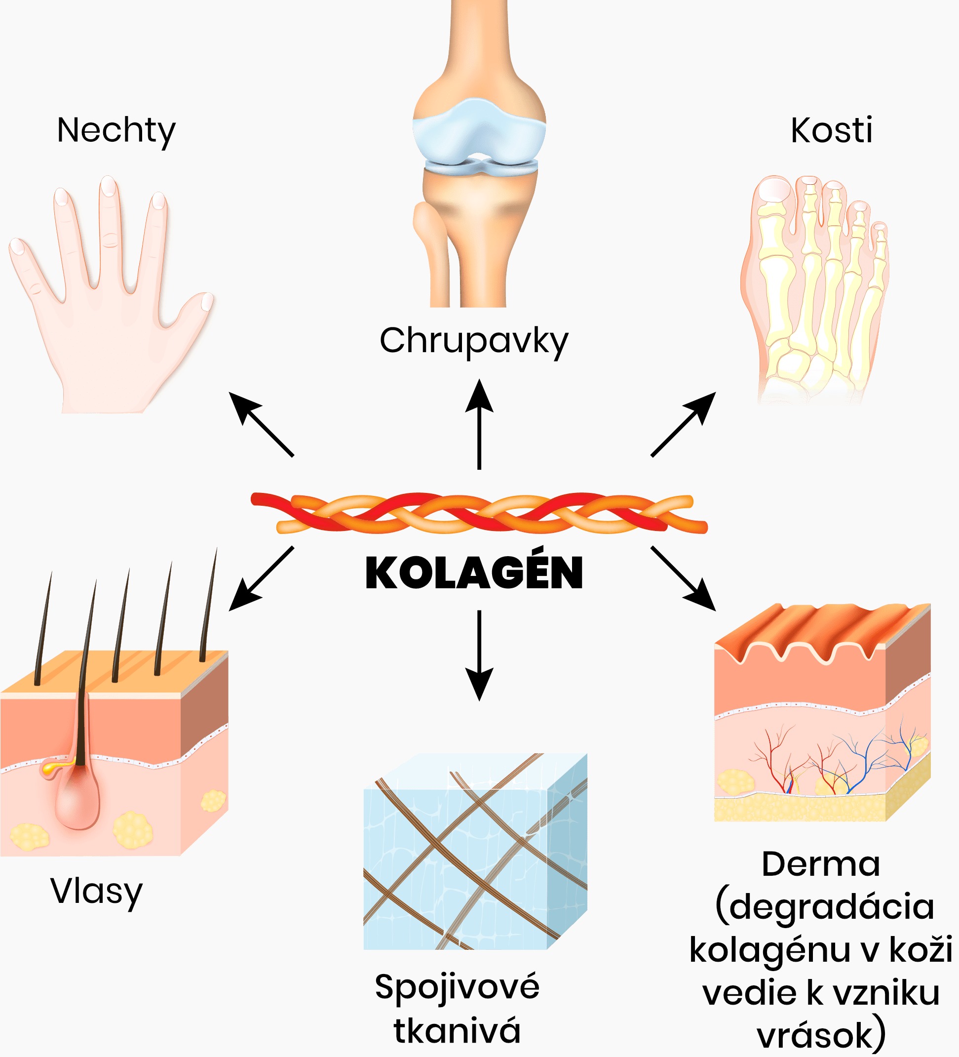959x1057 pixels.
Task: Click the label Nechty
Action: (x=116, y=130)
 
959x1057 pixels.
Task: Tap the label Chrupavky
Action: (x=474, y=341)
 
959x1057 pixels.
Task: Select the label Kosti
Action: (x=832, y=130)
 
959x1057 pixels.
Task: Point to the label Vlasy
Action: (x=96, y=891)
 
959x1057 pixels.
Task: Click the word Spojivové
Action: (x=457, y=987)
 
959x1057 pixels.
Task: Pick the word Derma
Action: (x=821, y=864)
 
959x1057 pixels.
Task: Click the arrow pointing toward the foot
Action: (x=684, y=424)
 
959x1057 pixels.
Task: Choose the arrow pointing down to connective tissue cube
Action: (x=479, y=655)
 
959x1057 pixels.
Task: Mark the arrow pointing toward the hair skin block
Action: (x=261, y=579)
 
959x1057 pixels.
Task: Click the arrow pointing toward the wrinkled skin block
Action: (x=684, y=579)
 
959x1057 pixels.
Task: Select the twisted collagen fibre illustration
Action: (x=479, y=513)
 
